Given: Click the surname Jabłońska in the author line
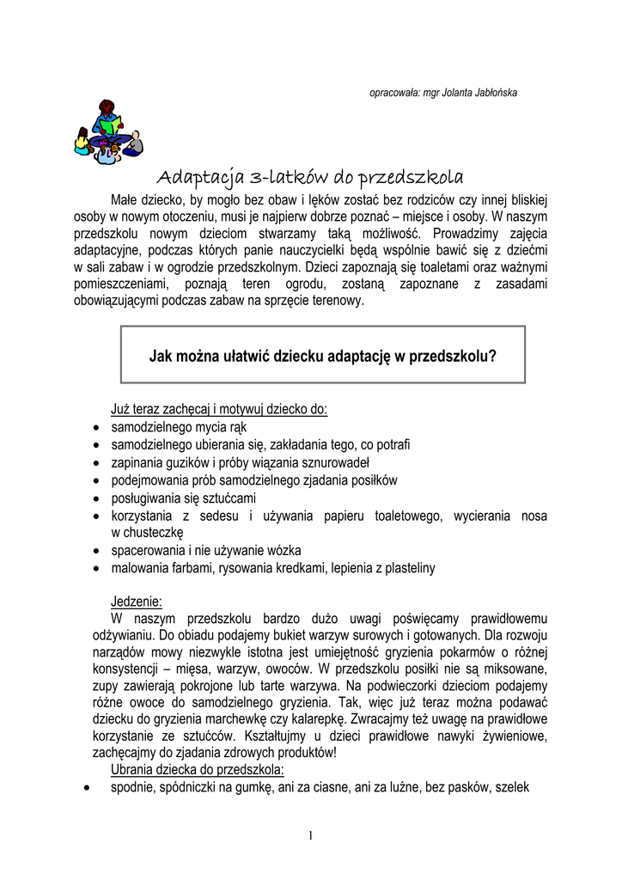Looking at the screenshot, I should pyautogui.click(x=491, y=92).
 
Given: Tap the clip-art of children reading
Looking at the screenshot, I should pyautogui.click(x=107, y=131).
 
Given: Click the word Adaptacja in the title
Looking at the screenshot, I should pyautogui.click(x=200, y=179).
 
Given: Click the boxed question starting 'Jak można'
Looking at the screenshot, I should pyautogui.click(x=323, y=354).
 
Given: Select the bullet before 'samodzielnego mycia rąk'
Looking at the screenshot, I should pyautogui.click(x=95, y=427).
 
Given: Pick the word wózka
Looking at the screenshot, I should pyautogui.click(x=283, y=550).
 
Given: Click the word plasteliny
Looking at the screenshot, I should pyautogui.click(x=403, y=568).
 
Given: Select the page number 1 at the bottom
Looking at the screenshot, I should pyautogui.click(x=310, y=836).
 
